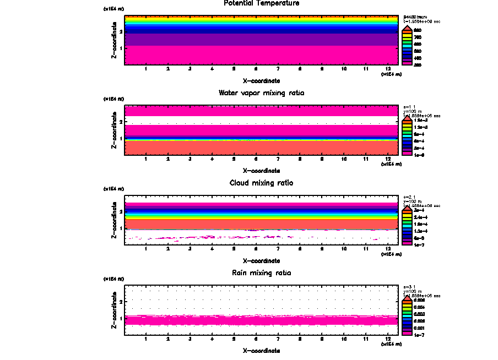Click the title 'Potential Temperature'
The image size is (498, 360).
coord(261,3)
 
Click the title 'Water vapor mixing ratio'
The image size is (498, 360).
coord(261,93)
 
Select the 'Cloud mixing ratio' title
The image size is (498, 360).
coord(261,183)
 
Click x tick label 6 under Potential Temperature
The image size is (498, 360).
coord(256,69)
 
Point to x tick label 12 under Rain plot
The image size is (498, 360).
coord(388,338)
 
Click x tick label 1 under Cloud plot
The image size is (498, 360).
coord(146,248)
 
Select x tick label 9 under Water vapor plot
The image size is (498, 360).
coord(322,159)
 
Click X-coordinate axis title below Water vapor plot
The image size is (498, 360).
coord(261,171)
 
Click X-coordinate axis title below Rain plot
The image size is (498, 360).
coord(261,350)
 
